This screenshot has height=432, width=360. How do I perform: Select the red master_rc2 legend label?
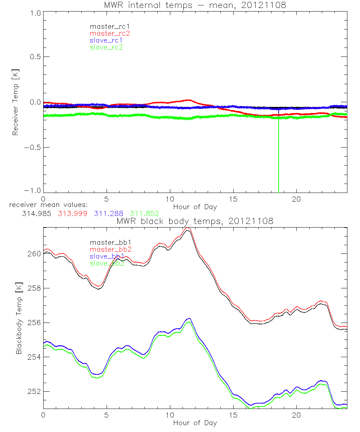click(x=110, y=33)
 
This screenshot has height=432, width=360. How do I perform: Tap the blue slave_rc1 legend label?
click(x=106, y=40)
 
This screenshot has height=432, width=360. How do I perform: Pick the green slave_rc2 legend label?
click(x=106, y=47)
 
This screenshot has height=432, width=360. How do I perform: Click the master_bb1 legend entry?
click(x=107, y=243)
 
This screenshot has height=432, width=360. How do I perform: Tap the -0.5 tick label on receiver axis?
click(x=32, y=148)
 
